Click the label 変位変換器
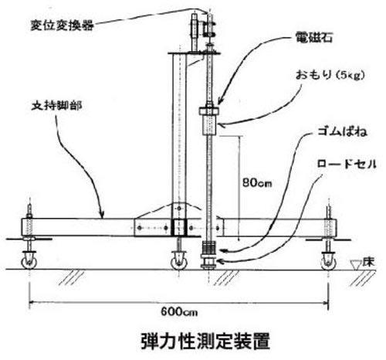click(x=62, y=25)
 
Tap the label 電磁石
click(x=314, y=38)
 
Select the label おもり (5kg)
click(x=330, y=75)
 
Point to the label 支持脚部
click(x=57, y=106)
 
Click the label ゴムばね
click(x=342, y=131)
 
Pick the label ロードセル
click(x=347, y=164)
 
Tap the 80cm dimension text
click(x=257, y=182)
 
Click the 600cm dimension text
click(x=179, y=312)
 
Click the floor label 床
click(x=368, y=263)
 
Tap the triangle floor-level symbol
click(x=356, y=265)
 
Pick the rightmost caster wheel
click(x=328, y=263)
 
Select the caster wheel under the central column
click(x=179, y=263)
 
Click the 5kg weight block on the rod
click(x=209, y=125)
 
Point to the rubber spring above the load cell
click(x=209, y=248)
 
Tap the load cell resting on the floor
click(x=208, y=262)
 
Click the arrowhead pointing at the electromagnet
click(x=220, y=100)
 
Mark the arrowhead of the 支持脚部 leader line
click(x=102, y=214)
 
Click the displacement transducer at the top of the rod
click(x=194, y=32)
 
